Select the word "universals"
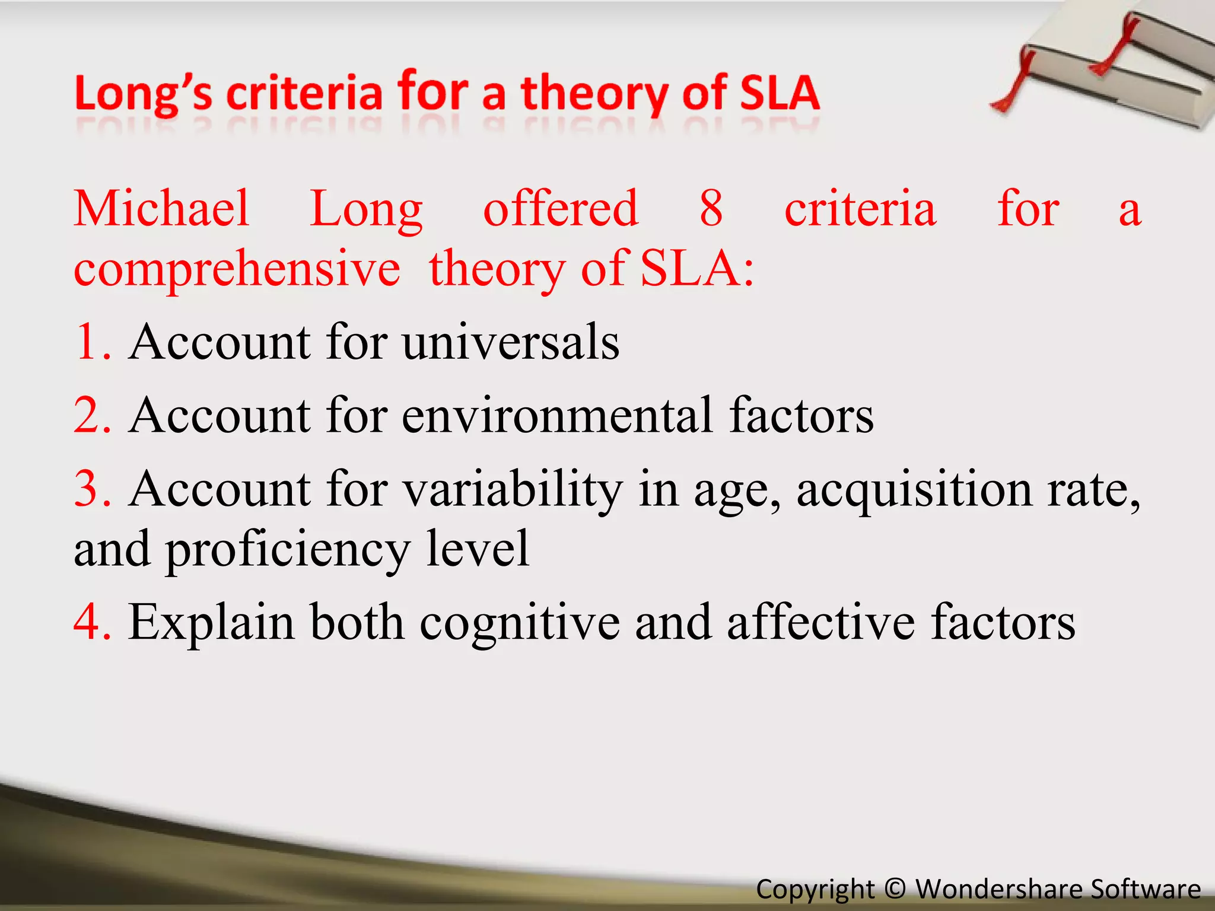511,342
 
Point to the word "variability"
513,490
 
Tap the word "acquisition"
914,490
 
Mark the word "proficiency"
287,550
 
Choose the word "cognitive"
520,623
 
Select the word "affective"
821,622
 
